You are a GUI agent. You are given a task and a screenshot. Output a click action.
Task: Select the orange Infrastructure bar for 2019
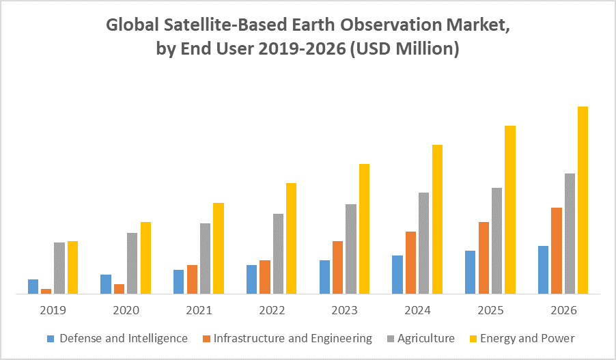(x=46, y=291)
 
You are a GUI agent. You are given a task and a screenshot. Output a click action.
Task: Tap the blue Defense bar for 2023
(x=324, y=277)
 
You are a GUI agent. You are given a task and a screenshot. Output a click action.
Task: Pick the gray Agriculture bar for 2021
(x=205, y=258)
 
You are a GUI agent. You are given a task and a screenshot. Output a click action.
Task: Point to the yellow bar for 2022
(x=291, y=238)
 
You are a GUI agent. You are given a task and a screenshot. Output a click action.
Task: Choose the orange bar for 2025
(x=484, y=258)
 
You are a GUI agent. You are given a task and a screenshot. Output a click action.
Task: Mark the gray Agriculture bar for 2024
(x=423, y=243)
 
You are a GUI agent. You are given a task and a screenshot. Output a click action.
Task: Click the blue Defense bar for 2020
(x=106, y=284)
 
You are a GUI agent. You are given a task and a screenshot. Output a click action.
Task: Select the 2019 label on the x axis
(x=53, y=310)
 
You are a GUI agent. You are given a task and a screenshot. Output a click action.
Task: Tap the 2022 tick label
(x=272, y=310)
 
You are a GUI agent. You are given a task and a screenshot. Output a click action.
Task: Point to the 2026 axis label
(x=563, y=310)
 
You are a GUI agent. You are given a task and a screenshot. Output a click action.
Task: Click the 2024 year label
(x=417, y=310)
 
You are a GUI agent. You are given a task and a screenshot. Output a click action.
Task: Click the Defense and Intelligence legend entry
(x=124, y=338)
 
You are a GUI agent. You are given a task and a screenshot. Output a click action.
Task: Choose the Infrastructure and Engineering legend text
(x=293, y=338)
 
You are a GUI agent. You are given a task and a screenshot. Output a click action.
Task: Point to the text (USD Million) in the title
(x=403, y=50)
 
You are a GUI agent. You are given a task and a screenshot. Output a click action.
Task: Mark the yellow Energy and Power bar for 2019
(x=72, y=267)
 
